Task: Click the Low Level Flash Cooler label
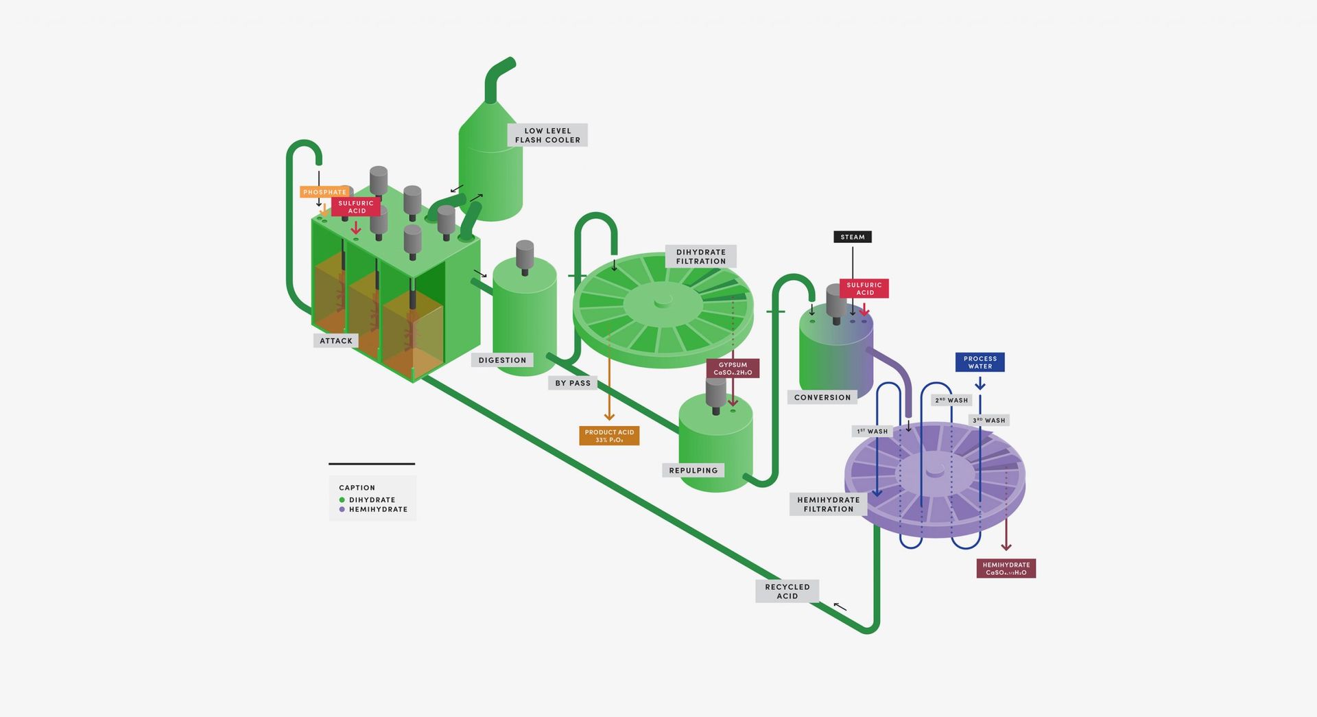click(x=547, y=135)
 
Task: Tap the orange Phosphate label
click(x=324, y=192)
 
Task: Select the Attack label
click(x=336, y=341)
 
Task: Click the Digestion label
click(x=502, y=360)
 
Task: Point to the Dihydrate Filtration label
click(x=700, y=257)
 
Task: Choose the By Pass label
click(x=573, y=383)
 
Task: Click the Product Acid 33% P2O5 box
click(x=609, y=436)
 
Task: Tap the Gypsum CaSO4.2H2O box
click(x=733, y=368)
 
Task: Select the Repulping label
click(x=693, y=471)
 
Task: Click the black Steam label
click(x=853, y=237)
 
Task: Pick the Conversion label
click(x=822, y=397)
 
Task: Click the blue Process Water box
click(x=980, y=362)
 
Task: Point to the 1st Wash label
click(x=872, y=432)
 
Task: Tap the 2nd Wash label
click(x=951, y=400)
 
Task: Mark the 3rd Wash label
click(x=988, y=421)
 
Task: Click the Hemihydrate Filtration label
click(x=828, y=504)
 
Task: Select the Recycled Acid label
click(x=787, y=591)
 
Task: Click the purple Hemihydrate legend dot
click(x=342, y=510)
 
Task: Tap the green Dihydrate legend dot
click(x=342, y=500)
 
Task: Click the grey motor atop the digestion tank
click(x=525, y=255)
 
